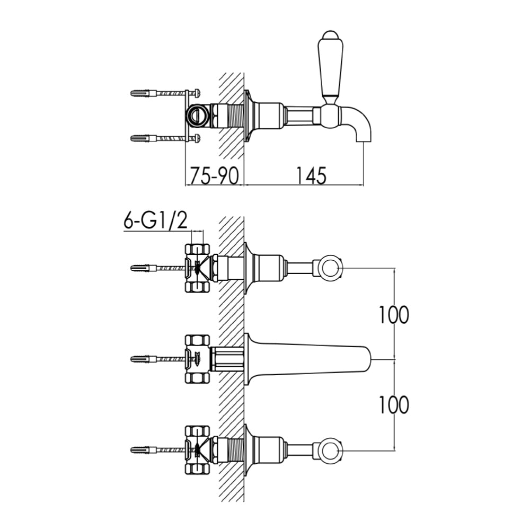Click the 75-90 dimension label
click(214, 175)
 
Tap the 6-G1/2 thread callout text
click(155, 222)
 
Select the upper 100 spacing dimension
click(394, 315)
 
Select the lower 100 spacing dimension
click(394, 405)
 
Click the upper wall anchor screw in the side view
click(159, 93)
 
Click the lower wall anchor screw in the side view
click(159, 138)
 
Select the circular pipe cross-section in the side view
click(198, 115)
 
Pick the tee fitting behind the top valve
click(197, 268)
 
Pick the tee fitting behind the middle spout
click(197, 359)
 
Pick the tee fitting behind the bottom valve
click(197, 449)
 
